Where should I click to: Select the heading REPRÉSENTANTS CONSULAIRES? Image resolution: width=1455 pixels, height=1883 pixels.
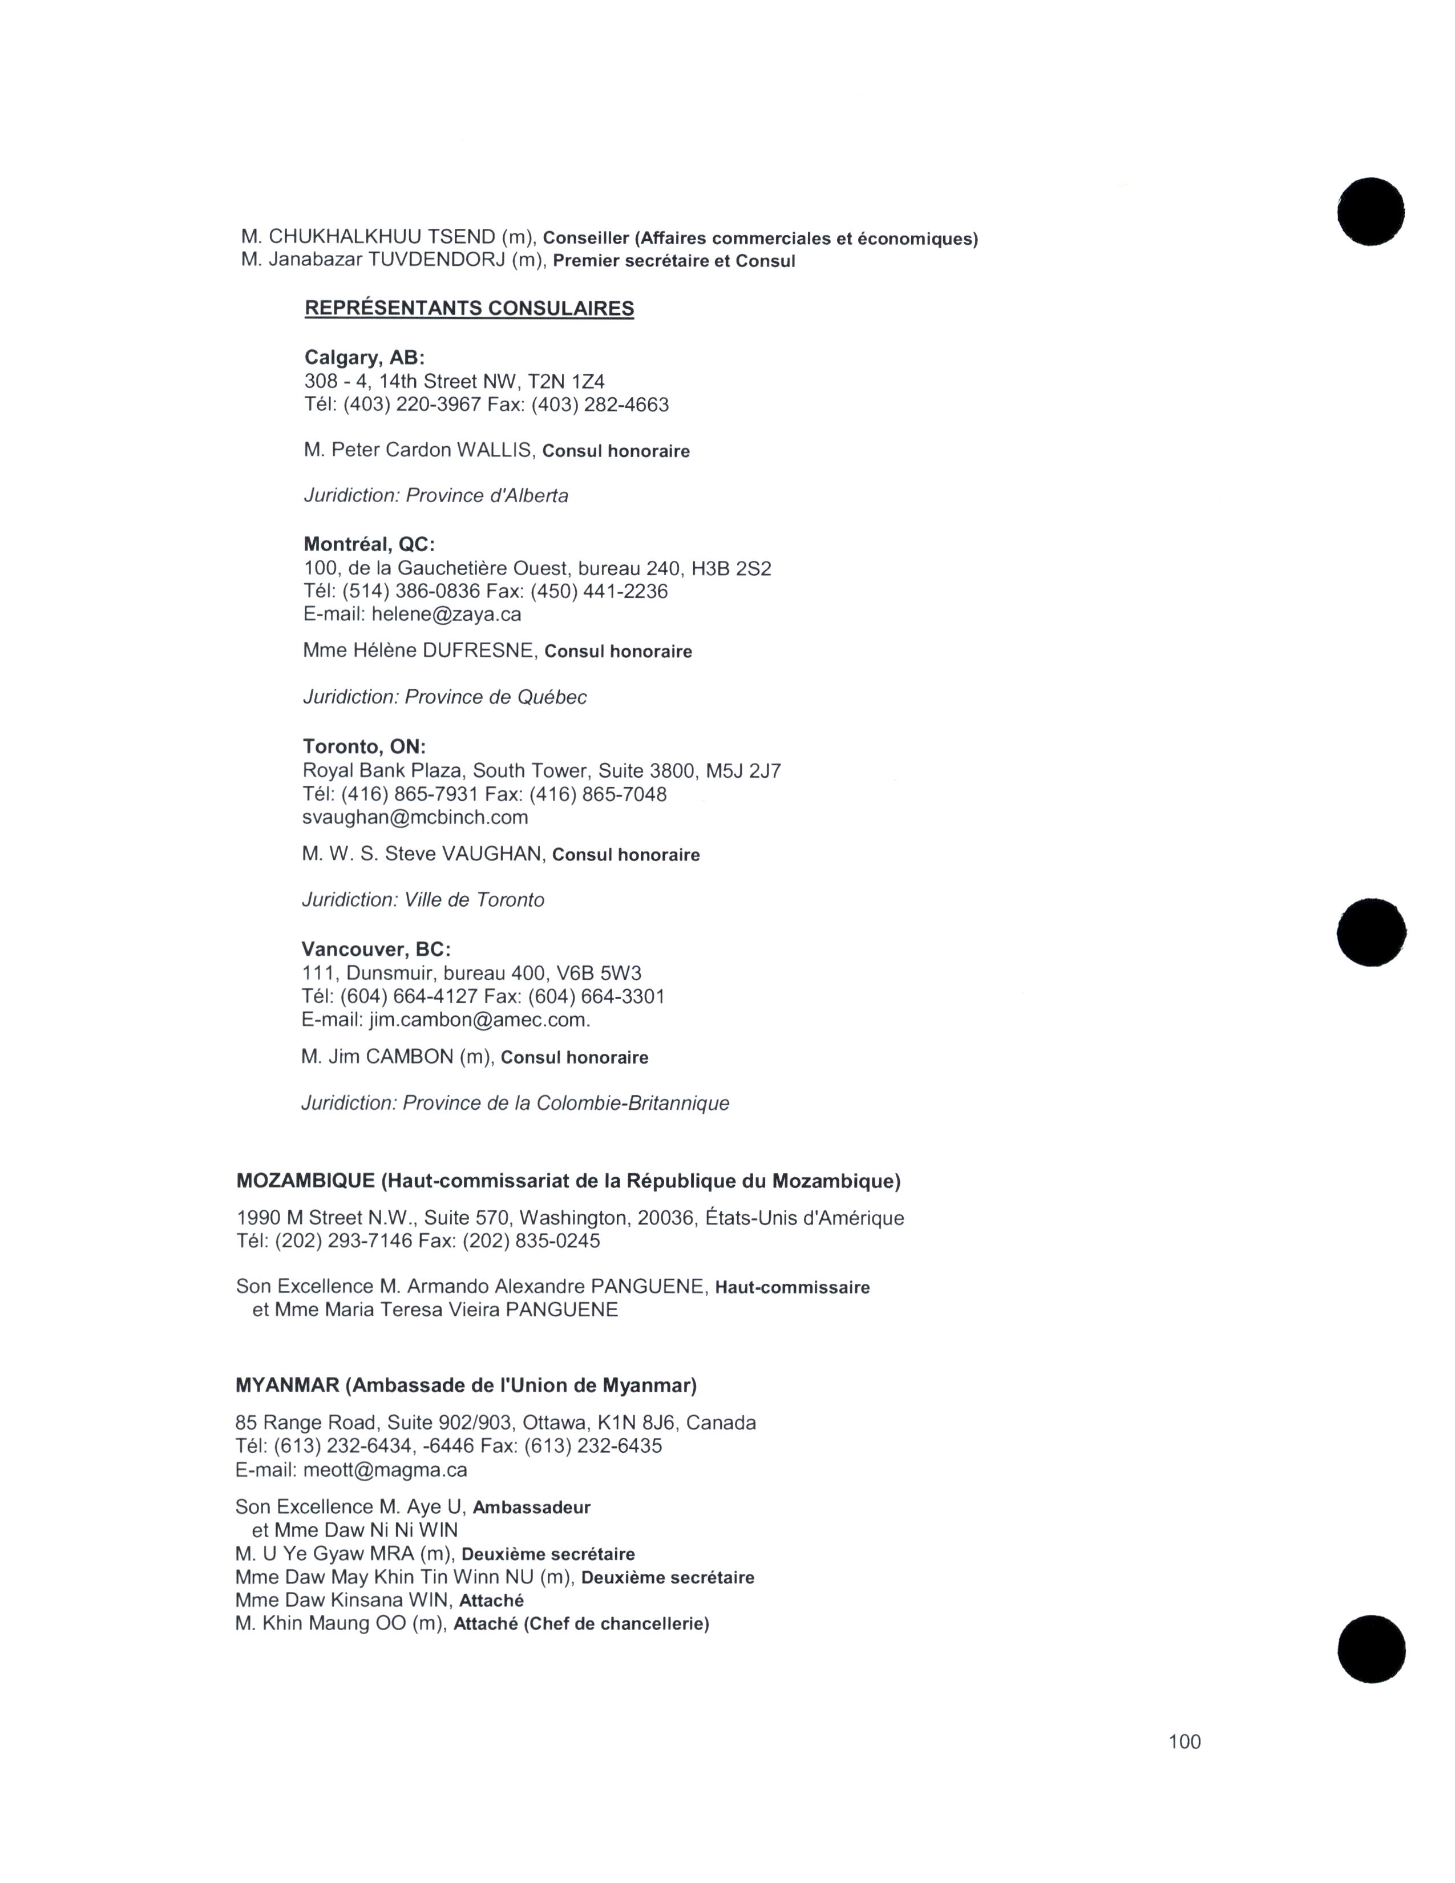pyautogui.click(x=469, y=309)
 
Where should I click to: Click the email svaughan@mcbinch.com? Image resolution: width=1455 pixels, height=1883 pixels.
pyautogui.click(x=415, y=817)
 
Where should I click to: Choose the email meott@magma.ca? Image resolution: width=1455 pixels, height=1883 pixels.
pyautogui.click(x=385, y=1470)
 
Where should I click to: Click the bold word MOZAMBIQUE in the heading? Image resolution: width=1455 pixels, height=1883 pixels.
pyautogui.click(x=305, y=1181)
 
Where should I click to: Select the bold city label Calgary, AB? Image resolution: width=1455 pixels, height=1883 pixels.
pyautogui.click(x=364, y=358)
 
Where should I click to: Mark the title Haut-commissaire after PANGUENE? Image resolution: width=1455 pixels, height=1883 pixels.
pyautogui.click(x=792, y=1288)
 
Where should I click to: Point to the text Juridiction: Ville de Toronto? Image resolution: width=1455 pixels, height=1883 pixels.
pyautogui.click(x=422, y=900)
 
